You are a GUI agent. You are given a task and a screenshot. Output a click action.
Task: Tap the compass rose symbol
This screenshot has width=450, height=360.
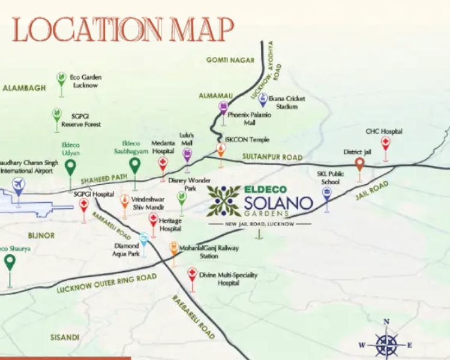pyautogui.click(x=386, y=344)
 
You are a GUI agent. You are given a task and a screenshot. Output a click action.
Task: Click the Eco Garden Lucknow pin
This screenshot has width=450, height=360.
pyautogui.click(x=61, y=79)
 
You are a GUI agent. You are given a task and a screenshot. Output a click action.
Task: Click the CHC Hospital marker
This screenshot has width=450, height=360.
pyautogui.click(x=385, y=144)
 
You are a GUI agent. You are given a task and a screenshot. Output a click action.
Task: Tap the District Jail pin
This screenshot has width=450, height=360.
pyautogui.click(x=359, y=164)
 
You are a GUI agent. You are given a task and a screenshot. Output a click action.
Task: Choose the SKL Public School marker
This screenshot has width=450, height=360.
pyautogui.click(x=327, y=194)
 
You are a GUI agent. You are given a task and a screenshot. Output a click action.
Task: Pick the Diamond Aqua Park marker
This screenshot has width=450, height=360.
pyautogui.click(x=143, y=238)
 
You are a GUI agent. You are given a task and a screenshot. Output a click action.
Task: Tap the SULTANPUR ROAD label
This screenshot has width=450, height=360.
pyautogui.click(x=272, y=157)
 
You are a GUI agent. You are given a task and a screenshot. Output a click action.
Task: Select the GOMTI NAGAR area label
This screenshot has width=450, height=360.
pyautogui.click(x=230, y=60)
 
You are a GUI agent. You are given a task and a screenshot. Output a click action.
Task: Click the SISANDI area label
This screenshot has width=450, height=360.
pyautogui.click(x=65, y=337)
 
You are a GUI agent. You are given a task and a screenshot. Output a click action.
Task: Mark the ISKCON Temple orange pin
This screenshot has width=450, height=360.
pyautogui.click(x=221, y=149)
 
